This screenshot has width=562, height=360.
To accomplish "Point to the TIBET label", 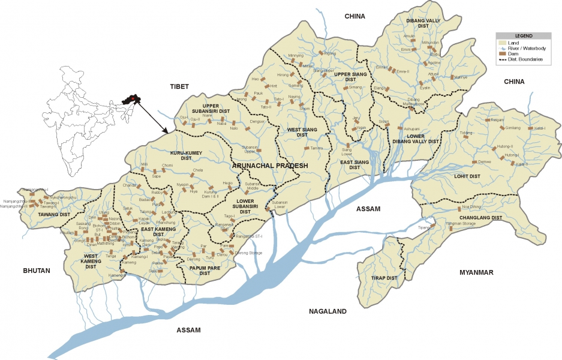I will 179,86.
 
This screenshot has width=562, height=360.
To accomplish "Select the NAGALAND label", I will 328,311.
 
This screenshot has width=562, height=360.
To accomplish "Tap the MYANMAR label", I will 476,272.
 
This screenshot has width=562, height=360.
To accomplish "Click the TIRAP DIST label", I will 384,278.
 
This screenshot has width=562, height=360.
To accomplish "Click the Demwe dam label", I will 484,162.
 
